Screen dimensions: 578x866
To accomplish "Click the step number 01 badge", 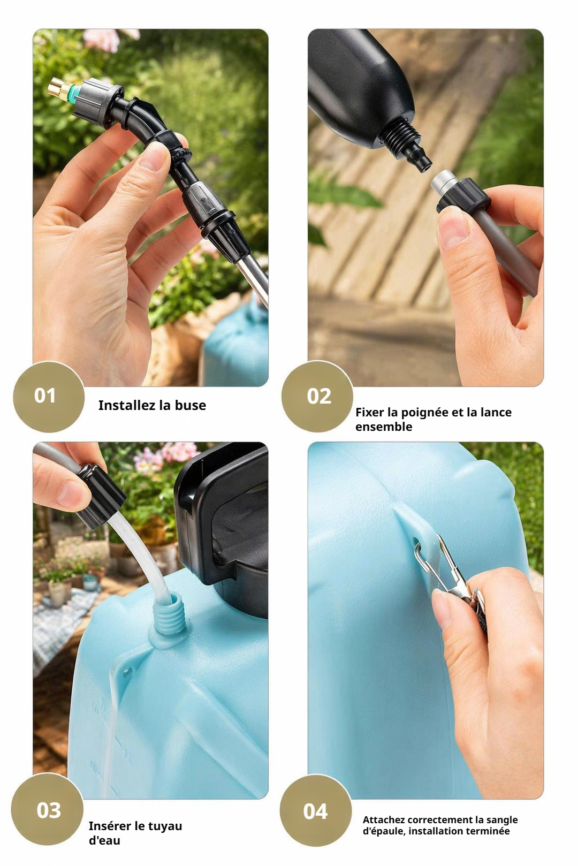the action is click(49, 396).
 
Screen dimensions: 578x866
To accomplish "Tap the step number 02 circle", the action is click(317, 396).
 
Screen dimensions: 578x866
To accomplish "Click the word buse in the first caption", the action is click(190, 405).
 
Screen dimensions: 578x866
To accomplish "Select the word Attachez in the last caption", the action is click(384, 819).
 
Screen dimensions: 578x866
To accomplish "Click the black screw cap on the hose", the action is click(100, 495).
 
